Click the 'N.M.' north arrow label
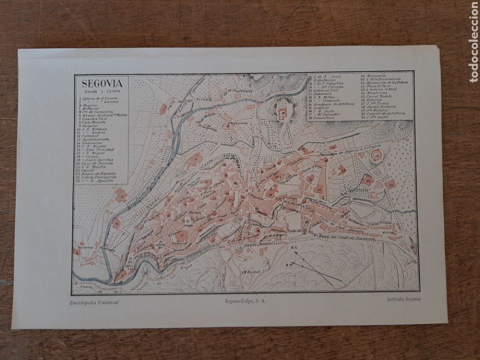(288, 264)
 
